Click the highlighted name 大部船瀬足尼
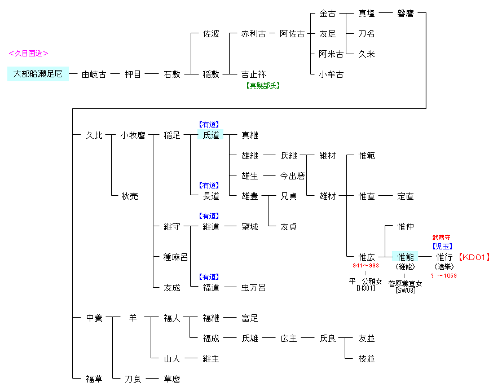click(38, 74)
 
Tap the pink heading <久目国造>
click(28, 54)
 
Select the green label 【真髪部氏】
click(263, 85)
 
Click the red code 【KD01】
click(474, 257)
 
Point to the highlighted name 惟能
click(406, 257)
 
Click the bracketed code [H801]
click(366, 288)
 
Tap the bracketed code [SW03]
click(405, 291)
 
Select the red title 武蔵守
click(442, 238)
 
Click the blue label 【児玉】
click(442, 246)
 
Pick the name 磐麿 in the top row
click(404, 14)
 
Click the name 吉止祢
click(253, 74)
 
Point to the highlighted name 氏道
click(211, 135)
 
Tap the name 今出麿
click(293, 176)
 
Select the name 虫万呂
click(253, 287)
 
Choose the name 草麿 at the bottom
click(172, 379)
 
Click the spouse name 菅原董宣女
click(405, 283)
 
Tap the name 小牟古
click(331, 74)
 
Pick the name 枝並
click(367, 359)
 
